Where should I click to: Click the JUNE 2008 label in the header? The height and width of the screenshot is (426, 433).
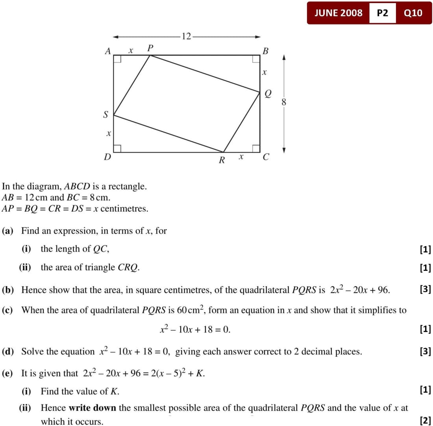(338, 13)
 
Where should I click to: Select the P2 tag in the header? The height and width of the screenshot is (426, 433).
(382, 13)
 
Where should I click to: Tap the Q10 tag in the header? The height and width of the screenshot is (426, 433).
(413, 13)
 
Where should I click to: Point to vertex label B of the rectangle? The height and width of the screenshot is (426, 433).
(265, 51)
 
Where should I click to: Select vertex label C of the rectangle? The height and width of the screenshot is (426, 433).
(266, 157)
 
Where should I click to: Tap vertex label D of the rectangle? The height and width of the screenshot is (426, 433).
(107, 157)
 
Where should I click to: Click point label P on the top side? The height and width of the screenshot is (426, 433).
(150, 48)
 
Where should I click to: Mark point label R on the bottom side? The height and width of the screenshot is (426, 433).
(222, 160)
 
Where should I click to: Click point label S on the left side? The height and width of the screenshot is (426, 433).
(105, 115)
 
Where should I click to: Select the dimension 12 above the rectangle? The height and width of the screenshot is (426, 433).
(186, 37)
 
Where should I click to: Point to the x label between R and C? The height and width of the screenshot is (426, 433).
(241, 157)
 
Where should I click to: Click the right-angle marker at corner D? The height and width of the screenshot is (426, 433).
(117, 148)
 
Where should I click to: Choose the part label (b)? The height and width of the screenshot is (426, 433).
(9, 290)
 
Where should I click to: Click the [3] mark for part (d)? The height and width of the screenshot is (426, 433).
(425, 351)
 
